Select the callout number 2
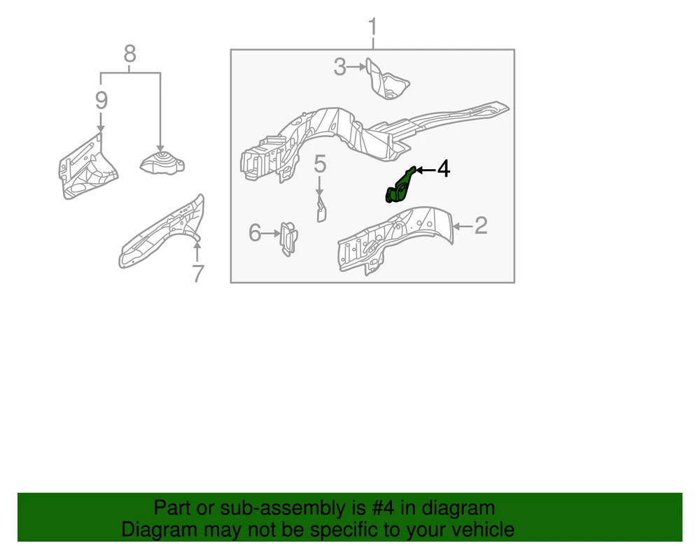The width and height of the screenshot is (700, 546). point(481,226)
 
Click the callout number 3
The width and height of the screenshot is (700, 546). point(339,67)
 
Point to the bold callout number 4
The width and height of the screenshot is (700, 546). point(443,169)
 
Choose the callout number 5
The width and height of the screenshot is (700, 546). point(320,164)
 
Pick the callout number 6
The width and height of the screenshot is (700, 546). point(255,233)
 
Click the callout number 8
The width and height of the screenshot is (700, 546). point(129,54)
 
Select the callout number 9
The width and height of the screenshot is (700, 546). point(101,100)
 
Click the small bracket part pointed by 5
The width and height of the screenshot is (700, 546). point(321,210)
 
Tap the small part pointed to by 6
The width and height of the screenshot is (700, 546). point(288,239)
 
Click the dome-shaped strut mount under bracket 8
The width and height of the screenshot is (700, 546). point(162,163)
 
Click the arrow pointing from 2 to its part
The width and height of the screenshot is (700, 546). point(463,227)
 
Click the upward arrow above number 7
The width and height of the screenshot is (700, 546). point(197,250)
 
